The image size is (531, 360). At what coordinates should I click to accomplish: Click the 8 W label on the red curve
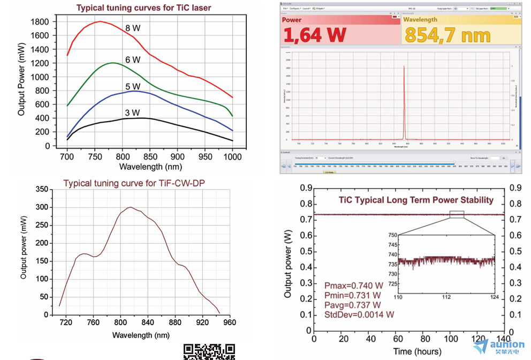click(x=132, y=28)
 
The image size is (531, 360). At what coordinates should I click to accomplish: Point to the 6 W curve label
click(x=132, y=59)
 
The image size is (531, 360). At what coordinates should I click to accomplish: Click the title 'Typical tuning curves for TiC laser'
click(x=143, y=8)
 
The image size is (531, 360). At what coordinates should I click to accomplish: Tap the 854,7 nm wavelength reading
click(x=447, y=35)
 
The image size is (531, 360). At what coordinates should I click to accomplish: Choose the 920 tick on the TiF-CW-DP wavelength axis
click(x=202, y=323)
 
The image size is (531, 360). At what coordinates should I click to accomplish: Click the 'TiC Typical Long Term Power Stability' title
click(x=416, y=200)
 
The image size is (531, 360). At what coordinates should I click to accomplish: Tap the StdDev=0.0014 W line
click(x=359, y=314)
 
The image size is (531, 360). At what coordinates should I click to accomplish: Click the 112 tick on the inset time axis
click(x=446, y=296)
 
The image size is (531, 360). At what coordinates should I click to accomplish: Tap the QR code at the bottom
click(x=209, y=351)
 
